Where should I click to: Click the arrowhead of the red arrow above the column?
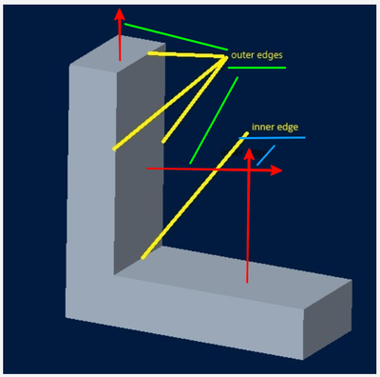click(x=120, y=14)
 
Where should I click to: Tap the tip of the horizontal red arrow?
click(x=282, y=170)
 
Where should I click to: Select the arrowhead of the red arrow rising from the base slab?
click(x=249, y=154)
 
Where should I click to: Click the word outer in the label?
click(x=242, y=55)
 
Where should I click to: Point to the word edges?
click(x=270, y=55)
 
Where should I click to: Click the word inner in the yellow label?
click(x=261, y=127)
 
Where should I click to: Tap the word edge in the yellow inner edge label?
click(x=286, y=128)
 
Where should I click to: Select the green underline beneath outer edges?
click(x=256, y=68)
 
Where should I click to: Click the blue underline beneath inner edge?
click(x=273, y=138)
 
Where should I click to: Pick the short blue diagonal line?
click(x=266, y=155)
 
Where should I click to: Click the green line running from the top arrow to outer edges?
click(x=176, y=37)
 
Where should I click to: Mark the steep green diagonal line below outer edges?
click(x=214, y=120)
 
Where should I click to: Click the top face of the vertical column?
click(x=118, y=50)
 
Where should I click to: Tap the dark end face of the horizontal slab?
click(x=328, y=320)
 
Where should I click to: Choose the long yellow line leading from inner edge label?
click(x=195, y=195)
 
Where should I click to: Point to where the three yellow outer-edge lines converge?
click(x=226, y=57)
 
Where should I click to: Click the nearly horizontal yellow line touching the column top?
click(x=187, y=55)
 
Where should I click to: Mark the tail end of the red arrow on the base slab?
click(x=247, y=282)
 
